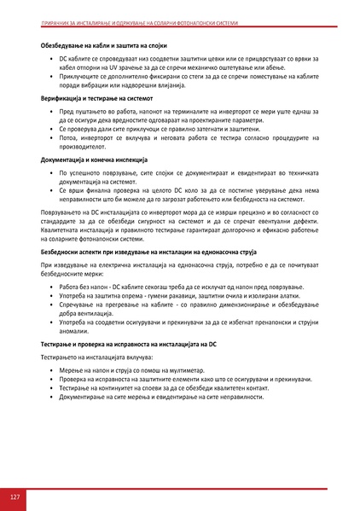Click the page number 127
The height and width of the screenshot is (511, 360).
tap(15, 496)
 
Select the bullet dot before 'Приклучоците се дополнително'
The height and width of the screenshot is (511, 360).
tap(51, 76)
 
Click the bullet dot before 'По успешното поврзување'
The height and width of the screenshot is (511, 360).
tap(51, 172)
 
